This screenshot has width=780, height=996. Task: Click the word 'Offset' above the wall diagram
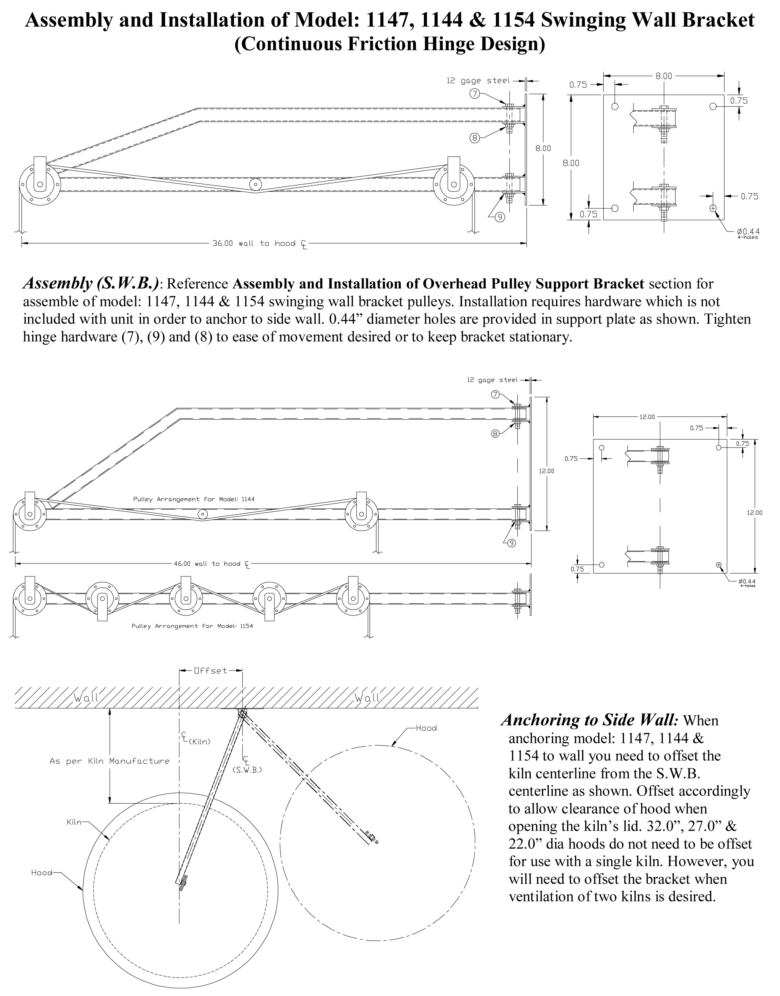pos(210,671)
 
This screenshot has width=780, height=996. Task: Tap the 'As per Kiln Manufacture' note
pos(109,761)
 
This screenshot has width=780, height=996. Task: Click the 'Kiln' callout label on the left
pos(74,822)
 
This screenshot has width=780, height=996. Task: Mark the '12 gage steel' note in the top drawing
pos(478,81)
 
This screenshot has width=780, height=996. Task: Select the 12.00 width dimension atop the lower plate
pos(647,417)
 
